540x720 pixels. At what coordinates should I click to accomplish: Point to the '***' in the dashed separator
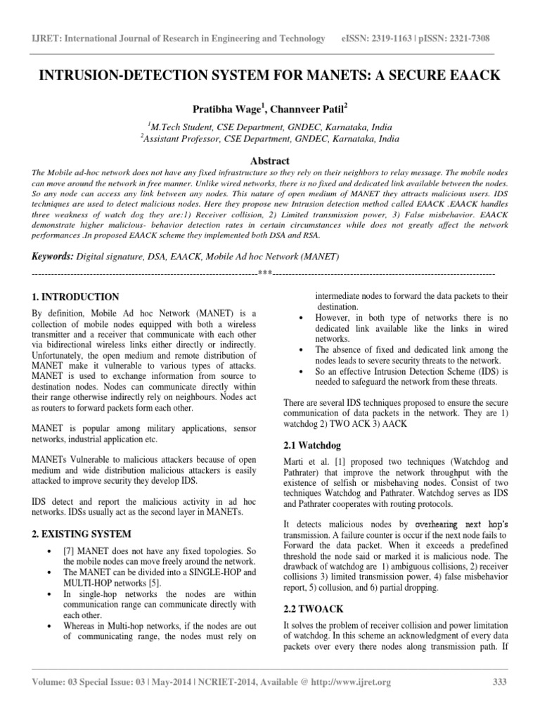tap(264, 273)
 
